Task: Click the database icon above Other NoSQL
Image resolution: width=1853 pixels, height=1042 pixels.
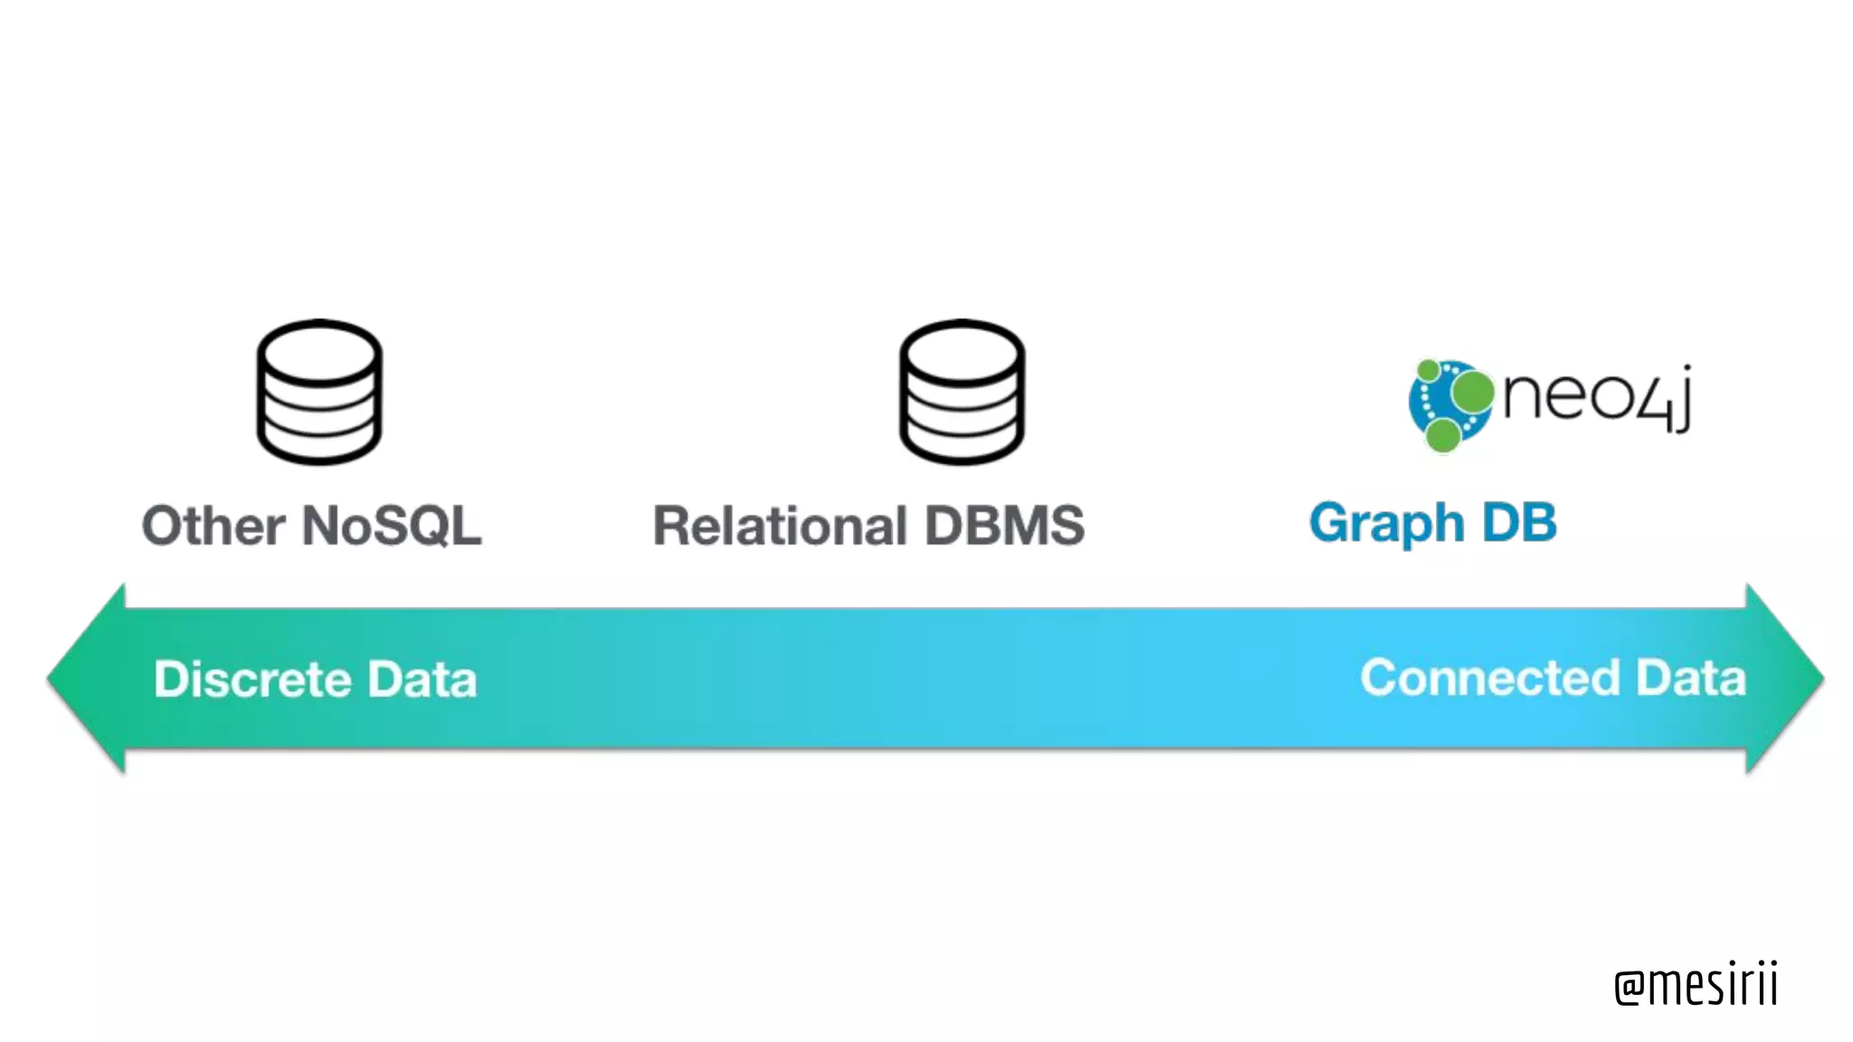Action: point(319,393)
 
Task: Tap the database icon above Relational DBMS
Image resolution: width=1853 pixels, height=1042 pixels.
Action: point(962,393)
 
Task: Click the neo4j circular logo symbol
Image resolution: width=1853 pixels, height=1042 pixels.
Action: point(1449,404)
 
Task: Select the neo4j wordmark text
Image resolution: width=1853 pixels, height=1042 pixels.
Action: point(1596,398)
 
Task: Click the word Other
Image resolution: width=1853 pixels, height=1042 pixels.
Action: point(214,526)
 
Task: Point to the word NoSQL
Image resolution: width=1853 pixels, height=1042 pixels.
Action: point(392,526)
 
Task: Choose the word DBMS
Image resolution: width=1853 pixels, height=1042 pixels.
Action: point(1004,526)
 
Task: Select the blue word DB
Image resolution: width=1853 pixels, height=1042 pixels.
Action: point(1519,523)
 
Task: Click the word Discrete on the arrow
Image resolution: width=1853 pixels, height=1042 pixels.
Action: point(252,679)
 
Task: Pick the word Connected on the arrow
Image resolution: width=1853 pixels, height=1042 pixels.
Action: point(1489,677)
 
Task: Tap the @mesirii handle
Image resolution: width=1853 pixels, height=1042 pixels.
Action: point(1696,984)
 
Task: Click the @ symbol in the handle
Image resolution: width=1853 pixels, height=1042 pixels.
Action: point(1629,988)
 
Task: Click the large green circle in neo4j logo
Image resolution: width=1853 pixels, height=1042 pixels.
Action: point(1472,393)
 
